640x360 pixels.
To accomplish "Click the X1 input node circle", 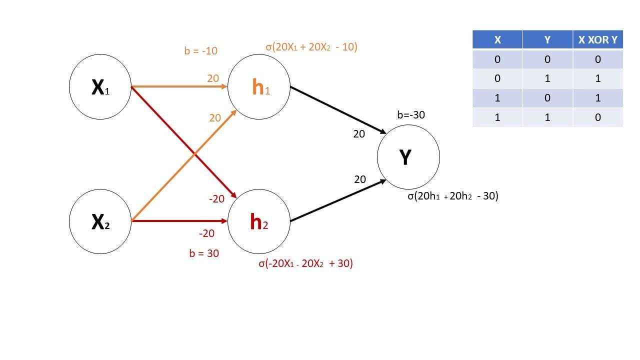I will (100, 87).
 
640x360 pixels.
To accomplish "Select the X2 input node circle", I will (100, 221).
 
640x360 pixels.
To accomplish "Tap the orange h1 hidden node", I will (259, 87).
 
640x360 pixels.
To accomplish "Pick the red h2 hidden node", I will (259, 221).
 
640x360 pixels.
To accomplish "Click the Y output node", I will (408, 157).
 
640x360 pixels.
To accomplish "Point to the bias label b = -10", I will (200, 51).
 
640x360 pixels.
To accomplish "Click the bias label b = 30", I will (204, 253).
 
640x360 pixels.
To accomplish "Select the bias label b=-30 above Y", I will (411, 115).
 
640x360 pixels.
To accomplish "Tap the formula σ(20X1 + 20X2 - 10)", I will (311, 47).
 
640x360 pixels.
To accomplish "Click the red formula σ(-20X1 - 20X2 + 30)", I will (305, 263).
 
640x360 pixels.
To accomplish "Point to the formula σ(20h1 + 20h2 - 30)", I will (452, 196).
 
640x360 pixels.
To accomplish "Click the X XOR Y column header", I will (597, 39).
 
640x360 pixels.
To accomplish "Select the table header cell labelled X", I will (497, 39).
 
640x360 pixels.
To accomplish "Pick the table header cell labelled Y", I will (547, 39).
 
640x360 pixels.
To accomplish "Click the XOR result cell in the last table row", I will (597, 117).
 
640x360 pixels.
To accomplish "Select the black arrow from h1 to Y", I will (338, 109).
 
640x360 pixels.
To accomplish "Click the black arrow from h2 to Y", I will (338, 200).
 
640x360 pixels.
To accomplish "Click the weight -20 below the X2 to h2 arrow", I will (206, 233).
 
